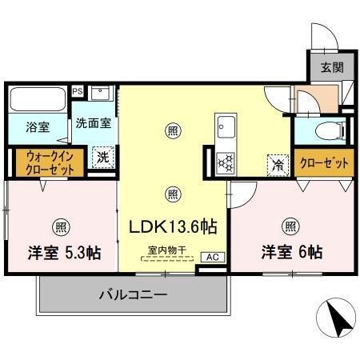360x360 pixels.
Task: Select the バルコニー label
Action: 133,294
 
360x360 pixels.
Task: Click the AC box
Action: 211,258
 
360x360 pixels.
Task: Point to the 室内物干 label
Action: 167,250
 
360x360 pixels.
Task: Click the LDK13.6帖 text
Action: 174,227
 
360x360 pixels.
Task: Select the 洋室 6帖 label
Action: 291,251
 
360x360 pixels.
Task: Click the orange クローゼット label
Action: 324,163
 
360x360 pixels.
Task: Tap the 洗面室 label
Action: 93,124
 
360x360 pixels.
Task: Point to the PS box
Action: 78,91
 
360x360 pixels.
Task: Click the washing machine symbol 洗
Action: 102,158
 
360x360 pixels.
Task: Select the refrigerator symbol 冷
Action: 276,166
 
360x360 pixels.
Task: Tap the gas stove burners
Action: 225,162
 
